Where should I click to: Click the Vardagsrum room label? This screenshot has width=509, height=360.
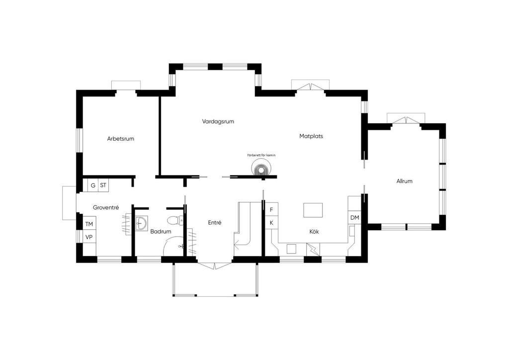click(218, 122)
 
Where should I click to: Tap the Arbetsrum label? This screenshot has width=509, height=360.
click(120, 139)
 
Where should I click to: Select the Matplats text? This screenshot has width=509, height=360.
click(311, 136)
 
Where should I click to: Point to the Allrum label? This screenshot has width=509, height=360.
click(404, 181)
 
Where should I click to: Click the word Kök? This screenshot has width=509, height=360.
click(314, 231)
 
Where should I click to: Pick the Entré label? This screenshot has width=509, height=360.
click(215, 223)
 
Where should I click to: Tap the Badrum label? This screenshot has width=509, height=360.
click(161, 231)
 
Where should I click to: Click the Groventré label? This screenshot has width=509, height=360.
click(106, 207)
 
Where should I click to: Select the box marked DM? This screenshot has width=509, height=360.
click(355, 217)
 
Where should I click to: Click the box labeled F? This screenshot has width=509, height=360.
click(271, 210)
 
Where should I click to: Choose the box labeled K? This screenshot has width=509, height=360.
click(271, 223)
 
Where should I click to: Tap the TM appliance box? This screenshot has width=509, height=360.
click(89, 224)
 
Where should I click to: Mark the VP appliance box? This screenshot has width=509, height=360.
click(89, 237)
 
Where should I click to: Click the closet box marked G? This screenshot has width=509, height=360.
click(93, 185)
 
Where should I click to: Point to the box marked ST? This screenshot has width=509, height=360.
click(103, 185)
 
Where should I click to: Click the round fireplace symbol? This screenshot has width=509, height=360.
click(260, 169)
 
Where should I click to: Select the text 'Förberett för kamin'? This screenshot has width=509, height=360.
click(261, 155)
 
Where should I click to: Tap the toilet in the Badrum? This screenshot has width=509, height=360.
click(175, 221)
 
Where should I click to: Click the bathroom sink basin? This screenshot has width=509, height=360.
click(141, 223)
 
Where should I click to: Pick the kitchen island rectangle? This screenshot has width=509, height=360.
click(313, 210)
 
